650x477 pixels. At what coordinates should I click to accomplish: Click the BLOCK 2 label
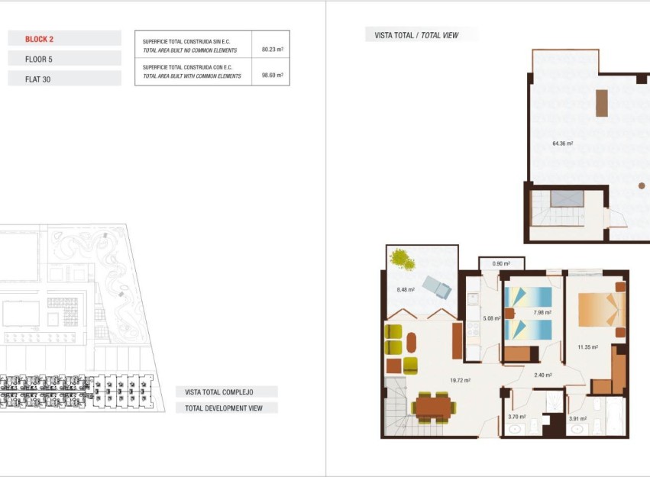[39, 38]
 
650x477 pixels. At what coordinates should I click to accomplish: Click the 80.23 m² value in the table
[272, 50]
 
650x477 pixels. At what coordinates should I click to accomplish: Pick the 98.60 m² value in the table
[272, 76]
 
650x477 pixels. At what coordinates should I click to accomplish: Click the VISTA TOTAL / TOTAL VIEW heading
[416, 35]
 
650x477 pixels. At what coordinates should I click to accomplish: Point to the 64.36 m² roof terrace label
[562, 143]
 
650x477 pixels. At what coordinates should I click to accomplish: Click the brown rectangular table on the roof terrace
[602, 103]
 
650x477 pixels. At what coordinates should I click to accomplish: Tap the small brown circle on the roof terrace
[642, 185]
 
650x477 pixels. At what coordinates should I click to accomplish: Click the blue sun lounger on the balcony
[437, 287]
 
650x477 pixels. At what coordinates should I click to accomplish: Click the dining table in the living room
[432, 406]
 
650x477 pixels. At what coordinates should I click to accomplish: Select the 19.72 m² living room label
[458, 380]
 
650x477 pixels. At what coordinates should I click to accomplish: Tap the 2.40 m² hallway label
[542, 375]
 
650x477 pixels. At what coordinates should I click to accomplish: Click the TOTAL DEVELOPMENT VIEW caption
[223, 408]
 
